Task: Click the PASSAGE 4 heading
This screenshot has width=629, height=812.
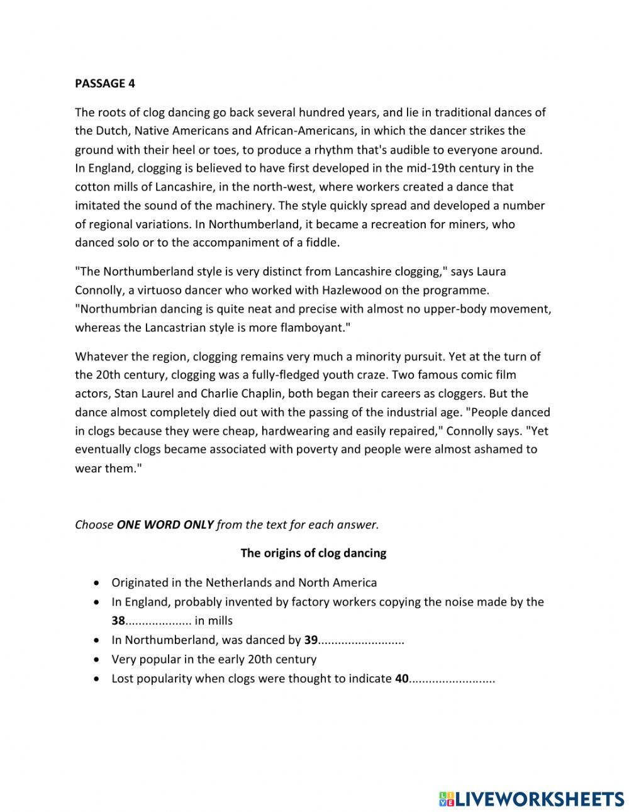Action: (105, 83)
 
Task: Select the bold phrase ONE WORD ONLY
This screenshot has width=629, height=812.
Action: (165, 525)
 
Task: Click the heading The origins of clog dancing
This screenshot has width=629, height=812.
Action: (313, 553)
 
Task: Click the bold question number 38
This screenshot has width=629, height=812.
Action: (118, 621)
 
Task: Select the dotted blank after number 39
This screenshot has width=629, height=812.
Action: (362, 641)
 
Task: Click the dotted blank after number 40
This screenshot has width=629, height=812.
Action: (453, 679)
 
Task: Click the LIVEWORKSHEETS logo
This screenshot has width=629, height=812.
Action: (532, 799)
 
